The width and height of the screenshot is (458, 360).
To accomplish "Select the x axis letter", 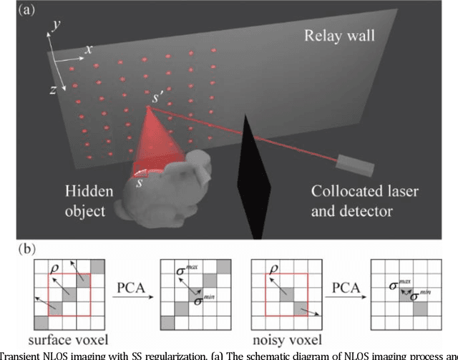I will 89,50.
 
